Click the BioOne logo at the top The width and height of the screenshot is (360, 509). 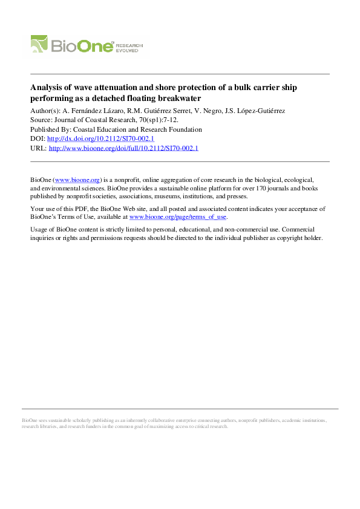pyautogui.click(x=73, y=44)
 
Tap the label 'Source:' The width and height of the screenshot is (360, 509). pyautogui.click(x=42, y=120)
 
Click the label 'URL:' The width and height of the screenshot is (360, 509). pyautogui.click(x=38, y=148)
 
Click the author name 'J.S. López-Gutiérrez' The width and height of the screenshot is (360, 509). pyautogui.click(x=262, y=111)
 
